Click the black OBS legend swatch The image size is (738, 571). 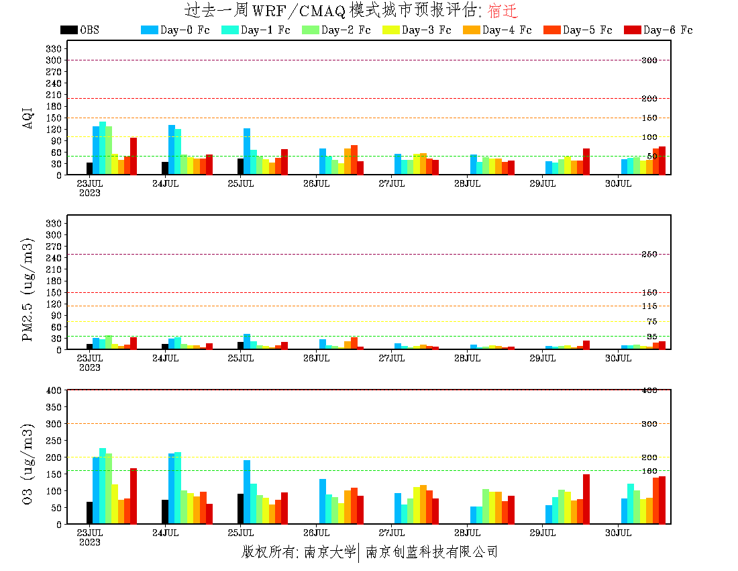pyautogui.click(x=68, y=30)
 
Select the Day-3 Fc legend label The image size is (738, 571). pyautogui.click(x=426, y=30)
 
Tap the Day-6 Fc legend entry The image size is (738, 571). pyautogui.click(x=668, y=30)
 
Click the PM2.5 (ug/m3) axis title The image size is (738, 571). pyautogui.click(x=28, y=289)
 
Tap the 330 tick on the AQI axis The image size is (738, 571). pyautogui.click(x=54, y=48)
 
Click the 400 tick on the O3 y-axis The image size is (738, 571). pyautogui.click(x=54, y=390)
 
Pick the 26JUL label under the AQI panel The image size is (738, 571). pyautogui.click(x=316, y=183)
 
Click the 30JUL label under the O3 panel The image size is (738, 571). pyautogui.click(x=619, y=533)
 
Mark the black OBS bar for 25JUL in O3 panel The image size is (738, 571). pyautogui.click(x=240, y=509)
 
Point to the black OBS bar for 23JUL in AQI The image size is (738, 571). pyautogui.click(x=89, y=169)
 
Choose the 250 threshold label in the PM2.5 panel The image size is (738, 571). pyautogui.click(x=649, y=255)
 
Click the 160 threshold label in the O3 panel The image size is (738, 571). pyautogui.click(x=649, y=471)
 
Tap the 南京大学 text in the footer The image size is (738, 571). pyautogui.click(x=329, y=552)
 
